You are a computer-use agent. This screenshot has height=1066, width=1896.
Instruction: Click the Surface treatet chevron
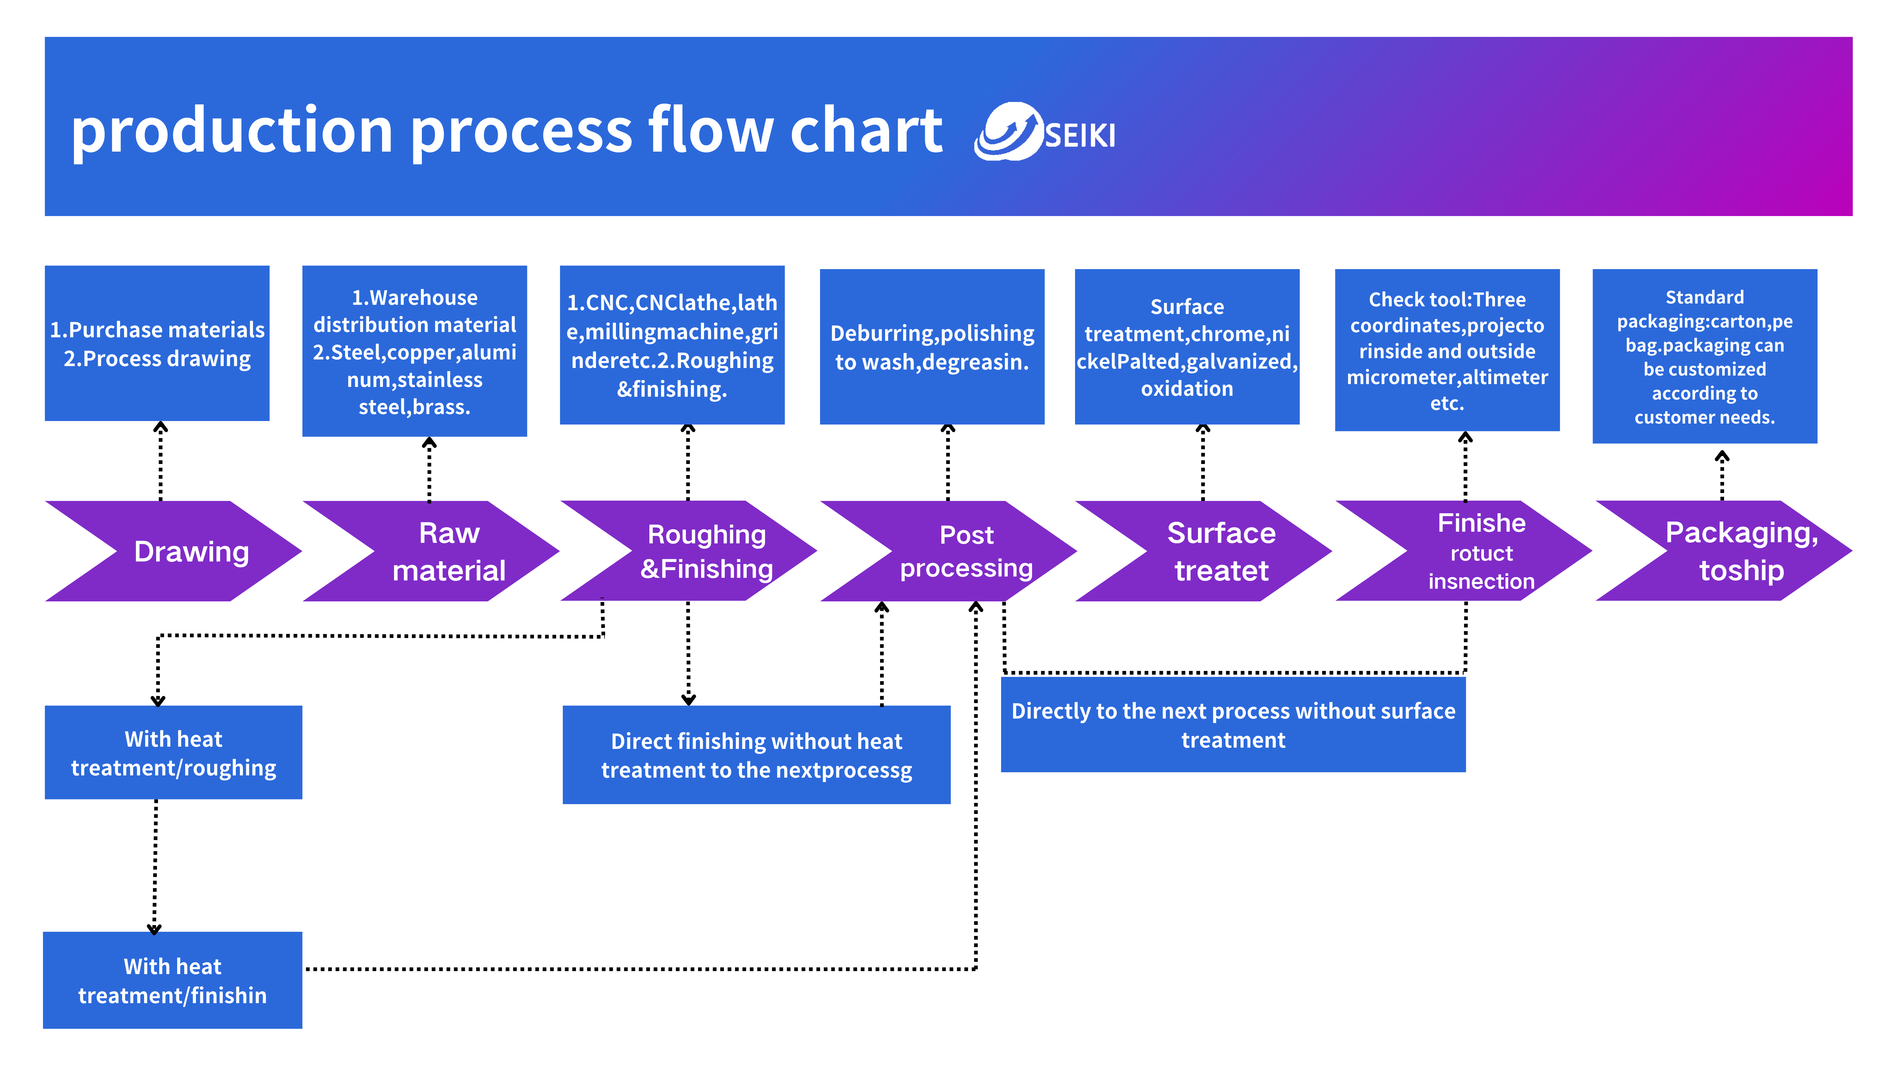point(1203,551)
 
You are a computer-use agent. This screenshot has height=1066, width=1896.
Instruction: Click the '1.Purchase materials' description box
point(157,344)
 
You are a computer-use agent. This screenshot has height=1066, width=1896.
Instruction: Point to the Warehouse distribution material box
point(414,351)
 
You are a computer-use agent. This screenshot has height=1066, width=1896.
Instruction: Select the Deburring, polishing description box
point(932,346)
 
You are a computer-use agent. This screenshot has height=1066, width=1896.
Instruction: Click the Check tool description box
point(1447,350)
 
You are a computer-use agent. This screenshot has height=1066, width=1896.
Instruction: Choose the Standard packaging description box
point(1705,356)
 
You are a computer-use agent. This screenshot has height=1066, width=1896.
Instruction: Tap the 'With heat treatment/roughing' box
point(174,753)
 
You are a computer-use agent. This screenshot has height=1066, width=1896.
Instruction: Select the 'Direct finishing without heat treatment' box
point(757,755)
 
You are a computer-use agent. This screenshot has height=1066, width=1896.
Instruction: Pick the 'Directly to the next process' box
point(1234,725)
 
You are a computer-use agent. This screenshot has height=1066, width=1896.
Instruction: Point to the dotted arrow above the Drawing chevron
point(161,461)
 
